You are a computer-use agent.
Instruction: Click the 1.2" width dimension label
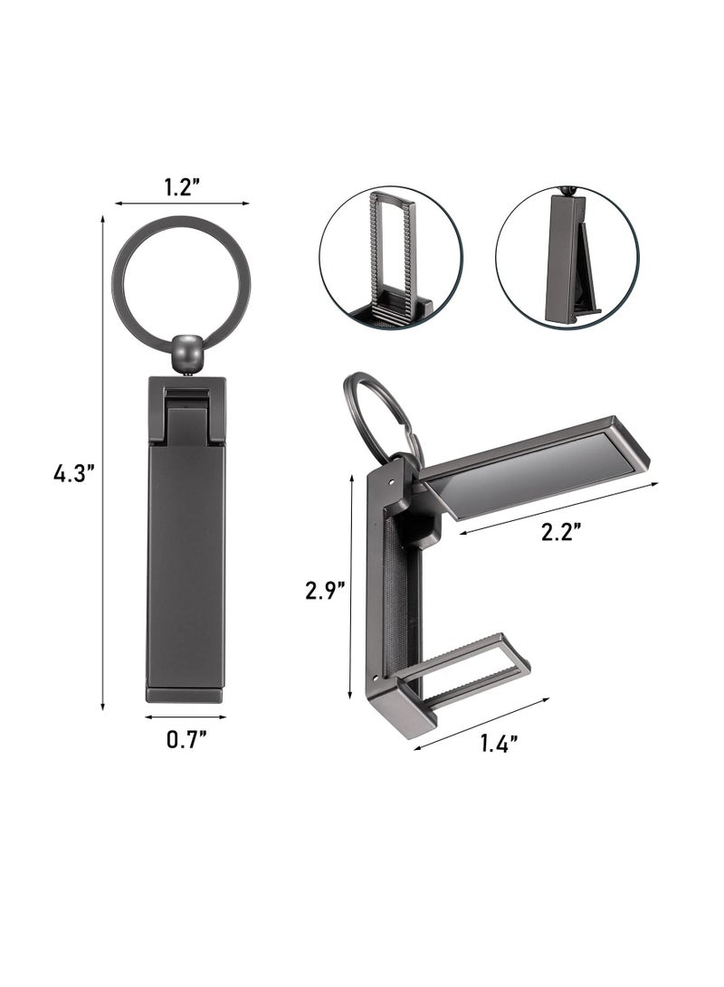click(x=182, y=186)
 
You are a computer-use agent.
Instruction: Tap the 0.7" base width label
click(x=187, y=739)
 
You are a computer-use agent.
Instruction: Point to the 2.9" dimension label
click(x=324, y=591)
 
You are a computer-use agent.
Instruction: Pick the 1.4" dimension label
click(x=499, y=743)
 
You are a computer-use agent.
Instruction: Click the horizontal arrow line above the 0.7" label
click(x=186, y=717)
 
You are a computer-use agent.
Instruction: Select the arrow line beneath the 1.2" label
click(x=182, y=204)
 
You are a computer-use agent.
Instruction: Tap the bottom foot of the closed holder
click(x=186, y=695)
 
